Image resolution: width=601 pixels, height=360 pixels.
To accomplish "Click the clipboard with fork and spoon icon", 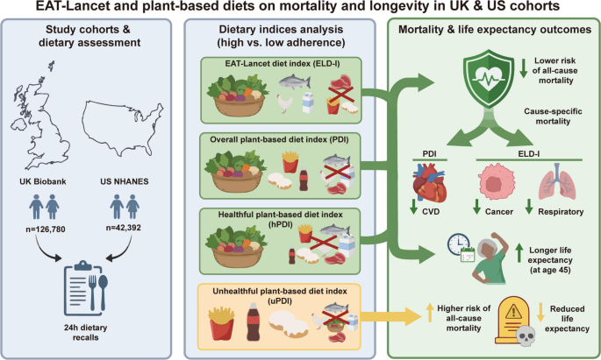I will [x=90, y=290].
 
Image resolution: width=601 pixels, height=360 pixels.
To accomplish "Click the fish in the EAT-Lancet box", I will [x=293, y=81].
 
